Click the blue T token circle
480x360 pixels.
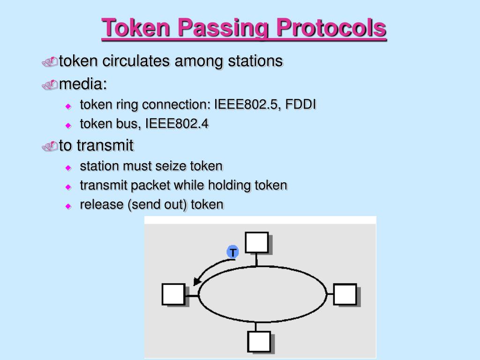pyautogui.click(x=232, y=252)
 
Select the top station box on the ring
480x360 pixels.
pyautogui.click(x=257, y=242)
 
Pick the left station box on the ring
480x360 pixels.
pyautogui.click(x=173, y=294)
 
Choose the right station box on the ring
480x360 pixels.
pyautogui.click(x=345, y=294)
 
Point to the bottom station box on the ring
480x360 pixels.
pyautogui.click(x=259, y=341)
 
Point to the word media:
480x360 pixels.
pyautogui.click(x=83, y=84)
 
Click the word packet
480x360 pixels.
pyautogui.click(x=150, y=185)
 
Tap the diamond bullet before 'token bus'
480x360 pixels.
pyautogui.click(x=68, y=125)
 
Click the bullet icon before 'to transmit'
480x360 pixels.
pyautogui.click(x=49, y=146)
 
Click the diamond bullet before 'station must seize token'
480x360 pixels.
pyautogui.click(x=68, y=167)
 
